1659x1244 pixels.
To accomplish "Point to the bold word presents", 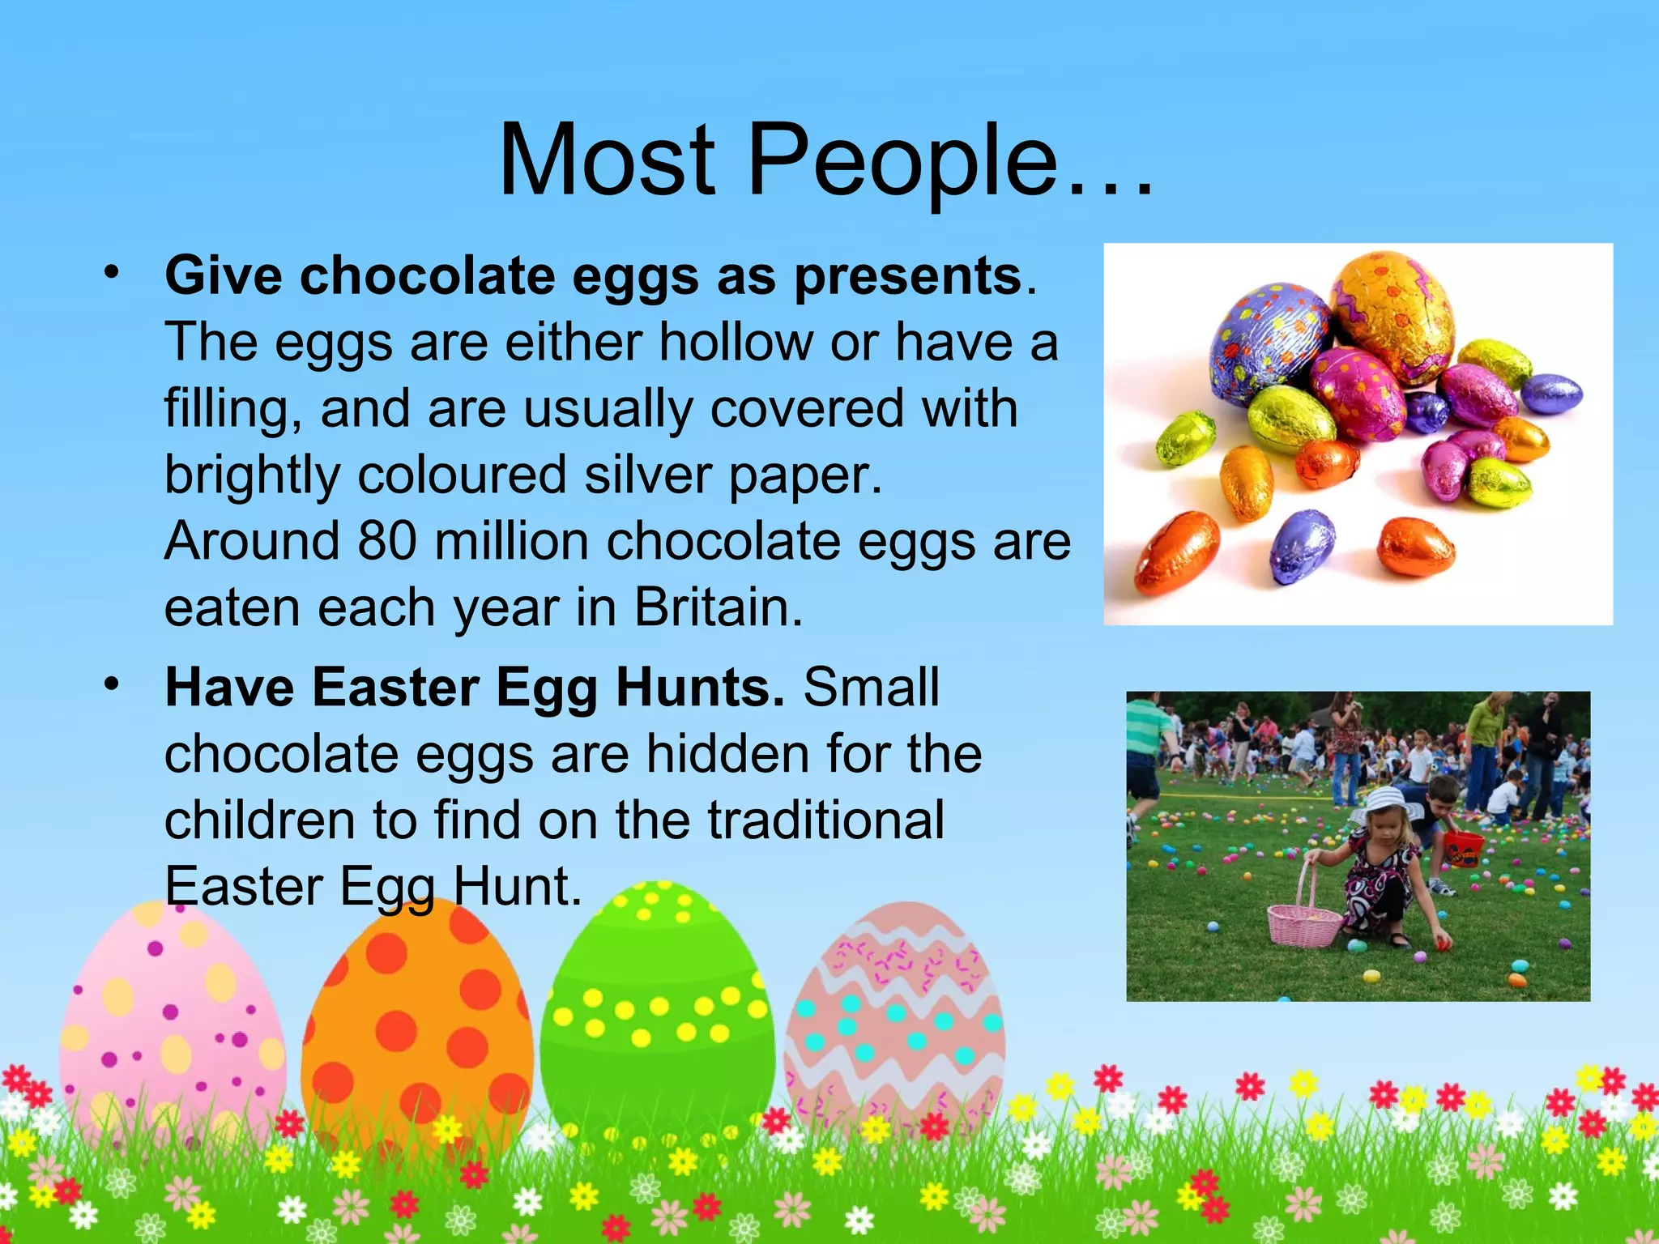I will point(907,276).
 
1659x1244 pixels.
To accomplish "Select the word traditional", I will point(826,820).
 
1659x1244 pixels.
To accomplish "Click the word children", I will point(259,820).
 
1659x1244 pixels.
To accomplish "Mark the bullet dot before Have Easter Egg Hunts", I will point(111,684).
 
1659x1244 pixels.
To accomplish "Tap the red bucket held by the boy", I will point(1464,847).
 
